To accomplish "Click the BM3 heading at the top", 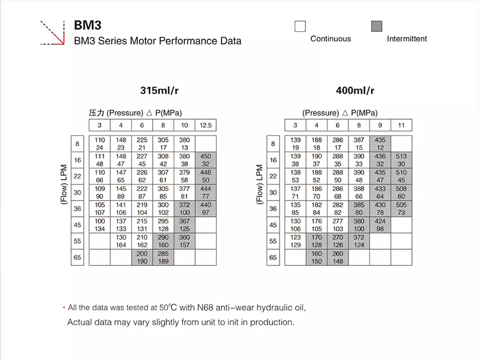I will click(87, 26).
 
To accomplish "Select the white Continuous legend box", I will click(300, 26).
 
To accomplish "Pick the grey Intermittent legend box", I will click(377, 26).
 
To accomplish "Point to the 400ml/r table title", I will click(355, 91).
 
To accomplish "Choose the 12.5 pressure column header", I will click(205, 125).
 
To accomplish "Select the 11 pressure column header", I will click(402, 125).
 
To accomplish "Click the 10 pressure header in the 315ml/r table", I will click(184, 125).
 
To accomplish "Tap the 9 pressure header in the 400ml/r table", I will click(380, 125).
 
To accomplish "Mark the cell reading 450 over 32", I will click(205, 160).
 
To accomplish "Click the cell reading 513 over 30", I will click(402, 160).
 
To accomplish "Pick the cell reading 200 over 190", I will click(141, 258).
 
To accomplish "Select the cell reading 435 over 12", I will click(380, 144).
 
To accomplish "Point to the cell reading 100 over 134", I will click(99, 225).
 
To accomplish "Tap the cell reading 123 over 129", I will click(295, 241).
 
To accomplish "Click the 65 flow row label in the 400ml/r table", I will click(274, 258).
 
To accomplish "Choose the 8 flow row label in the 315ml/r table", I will click(77, 144).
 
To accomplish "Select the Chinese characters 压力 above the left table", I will click(97, 113).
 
